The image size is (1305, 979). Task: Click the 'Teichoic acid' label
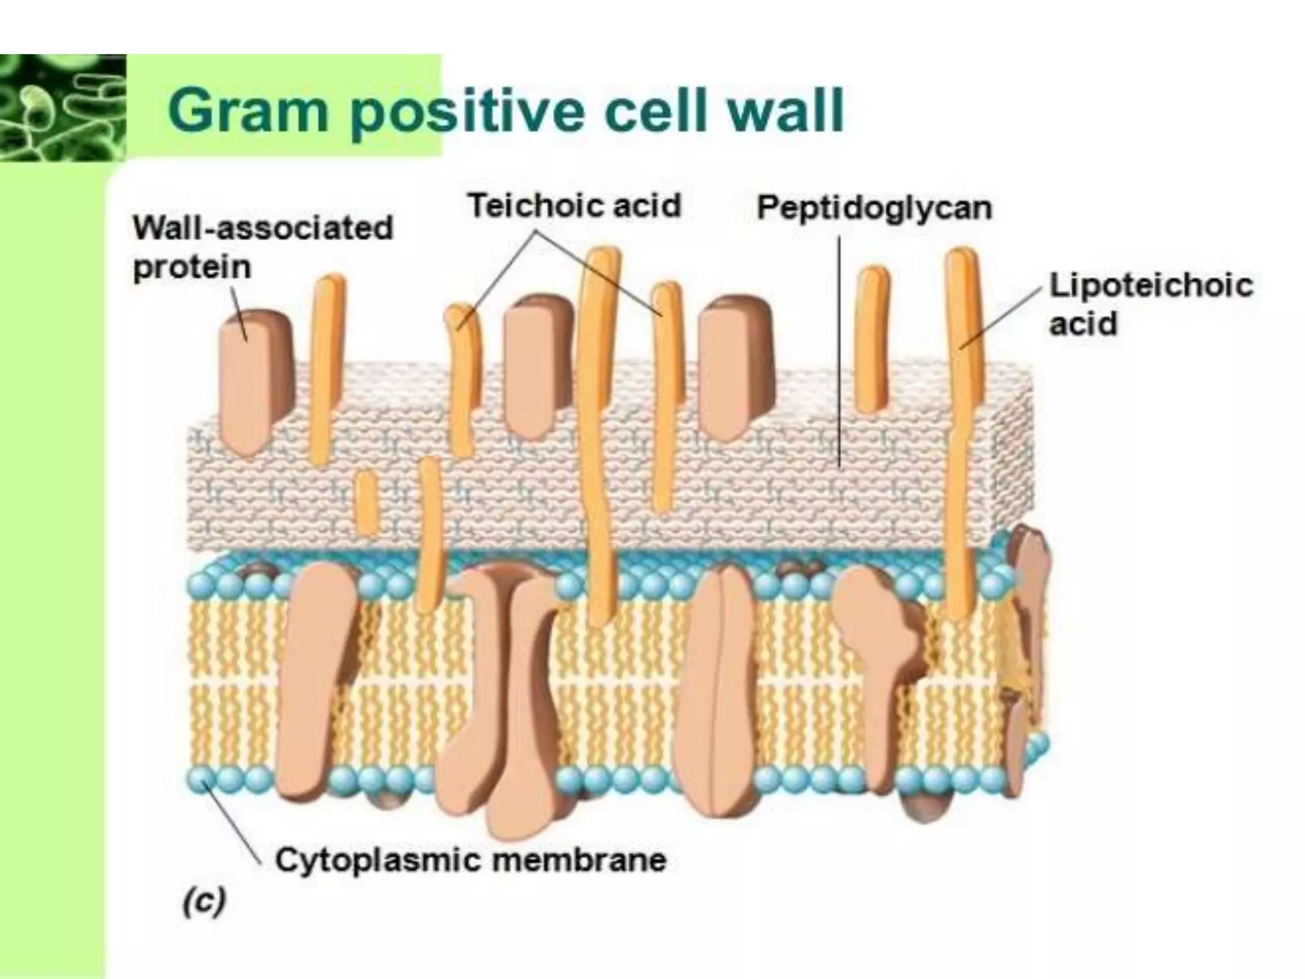coord(574,206)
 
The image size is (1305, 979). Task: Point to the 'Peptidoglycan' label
coord(874,208)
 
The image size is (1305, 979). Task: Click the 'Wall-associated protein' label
coord(262,247)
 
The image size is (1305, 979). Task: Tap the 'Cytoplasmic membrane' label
coord(470,860)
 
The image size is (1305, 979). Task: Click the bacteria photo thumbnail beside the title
coord(62,107)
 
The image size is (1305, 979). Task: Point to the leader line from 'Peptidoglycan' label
coord(839,351)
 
